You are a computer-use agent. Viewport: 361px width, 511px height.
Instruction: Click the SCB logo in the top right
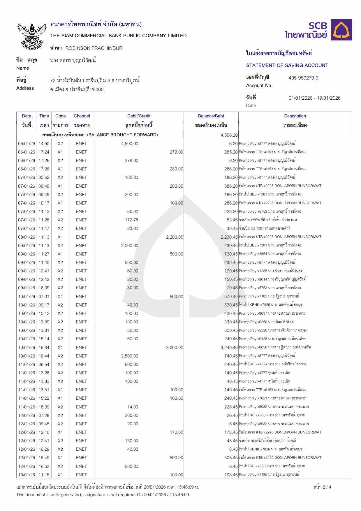coord(318,30)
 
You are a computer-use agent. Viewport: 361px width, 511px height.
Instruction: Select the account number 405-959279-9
coord(303,78)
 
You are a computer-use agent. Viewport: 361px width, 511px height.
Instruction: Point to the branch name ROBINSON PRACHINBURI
coord(94,48)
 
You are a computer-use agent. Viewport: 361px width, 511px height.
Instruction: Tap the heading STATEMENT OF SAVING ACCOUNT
coord(287,65)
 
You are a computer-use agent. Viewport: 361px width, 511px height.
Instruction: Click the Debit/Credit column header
coord(139,116)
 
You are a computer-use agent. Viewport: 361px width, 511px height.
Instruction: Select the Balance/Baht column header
coord(211,116)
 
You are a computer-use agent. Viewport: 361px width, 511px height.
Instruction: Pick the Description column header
coord(295,116)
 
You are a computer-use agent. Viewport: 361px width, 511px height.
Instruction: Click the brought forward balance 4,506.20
coord(229,135)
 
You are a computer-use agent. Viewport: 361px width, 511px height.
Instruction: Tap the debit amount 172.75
coord(131,220)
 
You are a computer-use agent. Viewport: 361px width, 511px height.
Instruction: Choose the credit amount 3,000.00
coord(175,347)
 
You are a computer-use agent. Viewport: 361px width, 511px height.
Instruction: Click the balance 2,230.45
coord(229,237)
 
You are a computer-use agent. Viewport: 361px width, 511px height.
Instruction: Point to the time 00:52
coord(44,177)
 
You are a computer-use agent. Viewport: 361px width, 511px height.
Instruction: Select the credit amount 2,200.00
coord(175,237)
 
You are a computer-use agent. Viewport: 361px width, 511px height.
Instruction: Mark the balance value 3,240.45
coord(229,347)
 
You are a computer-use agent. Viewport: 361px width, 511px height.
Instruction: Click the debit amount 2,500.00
coord(130,356)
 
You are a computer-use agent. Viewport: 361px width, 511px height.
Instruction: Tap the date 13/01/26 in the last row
coord(27,475)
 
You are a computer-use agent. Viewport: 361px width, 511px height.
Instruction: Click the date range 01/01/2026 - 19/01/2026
coord(314,98)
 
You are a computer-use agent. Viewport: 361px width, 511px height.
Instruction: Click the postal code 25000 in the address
coord(97,89)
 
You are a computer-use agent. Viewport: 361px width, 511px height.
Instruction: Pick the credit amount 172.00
coord(177,432)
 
